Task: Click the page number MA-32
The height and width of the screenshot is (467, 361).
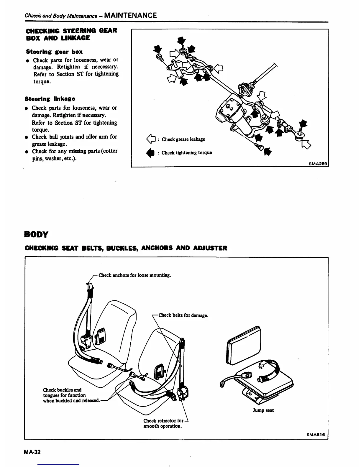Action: point(32,452)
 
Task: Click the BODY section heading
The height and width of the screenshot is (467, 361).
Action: point(36,234)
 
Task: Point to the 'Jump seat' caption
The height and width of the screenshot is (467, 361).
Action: point(263,410)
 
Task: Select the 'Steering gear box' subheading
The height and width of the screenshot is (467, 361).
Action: point(54,52)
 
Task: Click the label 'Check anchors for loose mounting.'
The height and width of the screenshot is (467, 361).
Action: point(135,275)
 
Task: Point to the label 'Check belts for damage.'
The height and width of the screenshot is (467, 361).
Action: point(183,315)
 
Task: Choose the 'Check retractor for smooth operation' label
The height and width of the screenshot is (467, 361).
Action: point(163,423)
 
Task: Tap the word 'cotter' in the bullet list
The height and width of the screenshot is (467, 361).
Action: point(110,151)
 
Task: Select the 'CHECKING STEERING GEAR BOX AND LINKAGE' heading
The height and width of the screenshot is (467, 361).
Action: point(71,34)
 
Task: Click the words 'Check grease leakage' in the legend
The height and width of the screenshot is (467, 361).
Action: point(183,139)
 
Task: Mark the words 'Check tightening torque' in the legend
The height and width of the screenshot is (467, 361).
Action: point(186,153)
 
